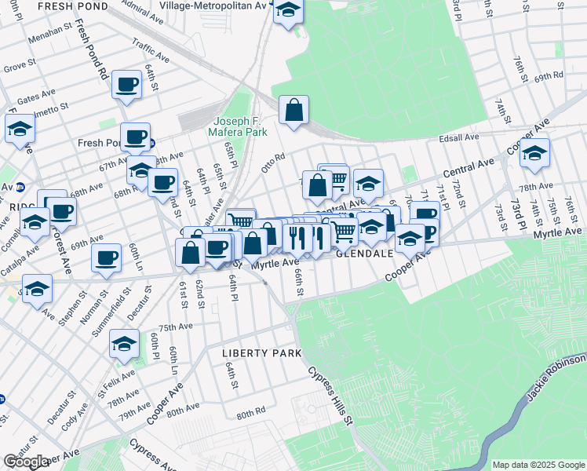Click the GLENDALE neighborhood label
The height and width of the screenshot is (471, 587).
(x=365, y=254)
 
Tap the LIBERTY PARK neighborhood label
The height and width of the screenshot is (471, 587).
(x=261, y=353)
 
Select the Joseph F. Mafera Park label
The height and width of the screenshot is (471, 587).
(x=243, y=126)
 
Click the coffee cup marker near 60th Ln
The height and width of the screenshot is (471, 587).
(x=107, y=257)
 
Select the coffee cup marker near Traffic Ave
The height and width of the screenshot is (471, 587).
(x=126, y=84)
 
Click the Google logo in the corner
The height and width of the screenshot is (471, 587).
(x=26, y=462)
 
